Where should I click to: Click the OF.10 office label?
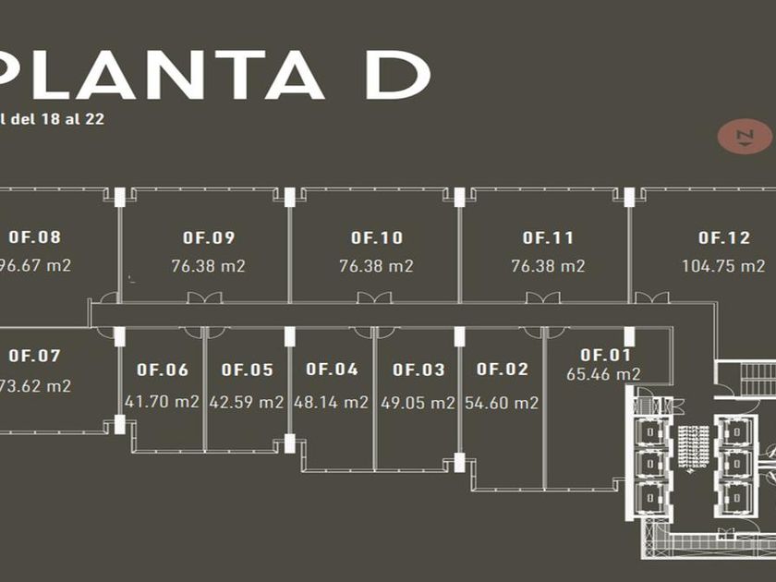376,238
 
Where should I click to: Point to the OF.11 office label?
548,238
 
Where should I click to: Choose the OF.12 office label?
724,238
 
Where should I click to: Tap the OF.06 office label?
163,370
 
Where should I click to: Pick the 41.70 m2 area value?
163,402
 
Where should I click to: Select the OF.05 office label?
247,370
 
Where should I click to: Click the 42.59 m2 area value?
247,402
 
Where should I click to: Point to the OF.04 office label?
332,370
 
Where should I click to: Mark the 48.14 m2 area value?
332,402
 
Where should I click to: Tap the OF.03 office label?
418,370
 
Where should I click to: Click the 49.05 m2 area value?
418,402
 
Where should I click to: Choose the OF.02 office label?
503,370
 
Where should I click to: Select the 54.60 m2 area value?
503,402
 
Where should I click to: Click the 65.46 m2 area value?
604,374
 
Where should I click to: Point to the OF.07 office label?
34,356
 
